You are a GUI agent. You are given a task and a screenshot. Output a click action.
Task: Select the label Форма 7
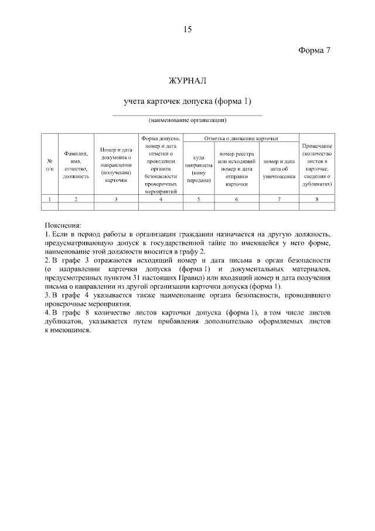(315, 50)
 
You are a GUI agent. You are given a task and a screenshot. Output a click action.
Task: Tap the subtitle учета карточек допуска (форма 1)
(187, 102)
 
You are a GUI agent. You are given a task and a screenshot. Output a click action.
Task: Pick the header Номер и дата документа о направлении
(116, 165)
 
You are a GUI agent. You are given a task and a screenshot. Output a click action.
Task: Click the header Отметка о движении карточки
(240, 138)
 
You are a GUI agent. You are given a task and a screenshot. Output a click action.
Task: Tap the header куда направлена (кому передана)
(199, 169)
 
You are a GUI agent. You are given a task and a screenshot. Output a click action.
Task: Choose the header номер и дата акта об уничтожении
(279, 169)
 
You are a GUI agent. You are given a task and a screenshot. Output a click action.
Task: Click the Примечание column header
(317, 164)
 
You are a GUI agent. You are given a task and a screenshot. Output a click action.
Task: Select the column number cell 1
(49, 199)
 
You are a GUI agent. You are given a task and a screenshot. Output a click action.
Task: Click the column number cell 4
(161, 199)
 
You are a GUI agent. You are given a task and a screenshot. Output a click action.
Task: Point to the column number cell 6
(237, 199)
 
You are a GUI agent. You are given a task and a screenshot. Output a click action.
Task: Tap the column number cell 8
(317, 199)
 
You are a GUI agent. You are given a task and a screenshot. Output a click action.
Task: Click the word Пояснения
(64, 225)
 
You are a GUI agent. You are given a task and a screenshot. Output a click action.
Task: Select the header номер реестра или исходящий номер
(237, 169)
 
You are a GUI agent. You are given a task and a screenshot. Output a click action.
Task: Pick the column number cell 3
(116, 199)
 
